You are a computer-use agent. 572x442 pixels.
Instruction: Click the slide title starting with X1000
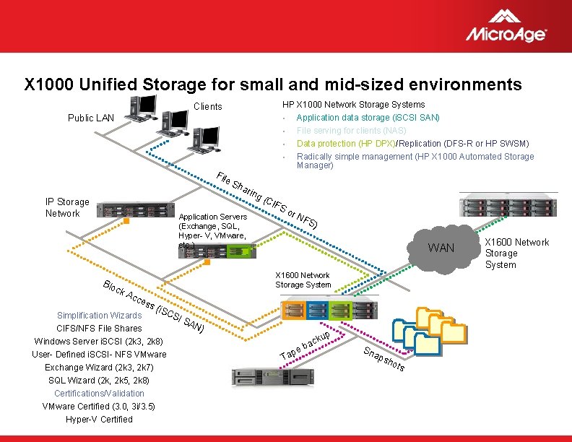(x=273, y=84)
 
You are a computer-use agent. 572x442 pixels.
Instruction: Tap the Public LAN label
(x=91, y=118)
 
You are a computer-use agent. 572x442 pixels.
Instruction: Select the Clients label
(x=209, y=106)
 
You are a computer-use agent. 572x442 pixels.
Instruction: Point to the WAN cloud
(x=441, y=248)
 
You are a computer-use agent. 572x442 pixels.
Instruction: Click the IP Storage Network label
(x=67, y=207)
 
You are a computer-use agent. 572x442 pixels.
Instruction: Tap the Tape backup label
(x=305, y=345)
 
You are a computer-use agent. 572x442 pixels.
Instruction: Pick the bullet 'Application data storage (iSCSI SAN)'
(x=368, y=117)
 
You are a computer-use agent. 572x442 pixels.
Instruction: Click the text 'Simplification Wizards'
(x=100, y=315)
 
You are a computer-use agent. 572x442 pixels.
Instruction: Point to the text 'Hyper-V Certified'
(x=99, y=419)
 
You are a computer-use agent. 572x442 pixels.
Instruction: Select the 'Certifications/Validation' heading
(x=99, y=393)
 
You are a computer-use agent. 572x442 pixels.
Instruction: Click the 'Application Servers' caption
(x=213, y=217)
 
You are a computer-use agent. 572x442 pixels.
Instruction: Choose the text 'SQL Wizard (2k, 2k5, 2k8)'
(x=99, y=380)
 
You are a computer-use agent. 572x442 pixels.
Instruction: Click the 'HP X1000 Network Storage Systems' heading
(x=353, y=105)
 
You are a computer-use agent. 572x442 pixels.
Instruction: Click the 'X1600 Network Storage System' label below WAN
(x=303, y=279)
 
